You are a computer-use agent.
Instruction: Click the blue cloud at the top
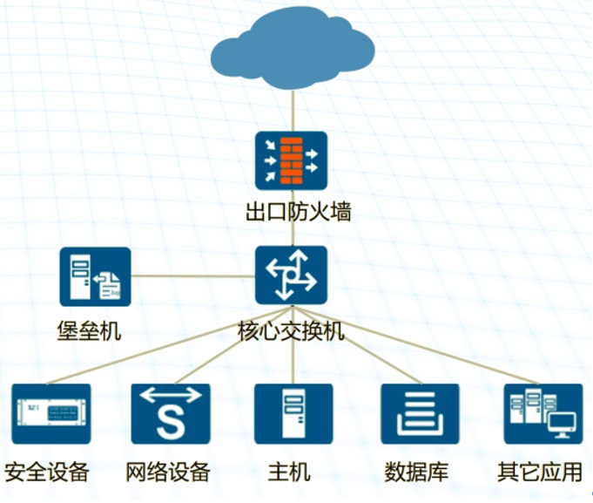pyautogui.click(x=293, y=49)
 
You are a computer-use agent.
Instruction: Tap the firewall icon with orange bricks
pyautogui.click(x=292, y=160)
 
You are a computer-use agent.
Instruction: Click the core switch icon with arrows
pyautogui.click(x=292, y=275)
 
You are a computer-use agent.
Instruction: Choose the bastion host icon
pyautogui.click(x=95, y=277)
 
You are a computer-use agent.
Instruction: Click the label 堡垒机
pyautogui.click(x=89, y=331)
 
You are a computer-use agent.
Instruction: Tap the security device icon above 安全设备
pyautogui.click(x=51, y=414)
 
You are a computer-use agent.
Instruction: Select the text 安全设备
pyautogui.click(x=47, y=472)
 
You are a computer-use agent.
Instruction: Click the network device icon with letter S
pyautogui.click(x=171, y=414)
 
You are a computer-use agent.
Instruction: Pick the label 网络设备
pyautogui.click(x=168, y=472)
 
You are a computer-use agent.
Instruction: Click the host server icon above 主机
pyautogui.click(x=293, y=414)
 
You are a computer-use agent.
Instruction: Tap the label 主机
pyautogui.click(x=289, y=472)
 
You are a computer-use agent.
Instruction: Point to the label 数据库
pyautogui.click(x=416, y=472)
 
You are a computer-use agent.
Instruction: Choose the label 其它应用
pyautogui.click(x=540, y=472)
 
